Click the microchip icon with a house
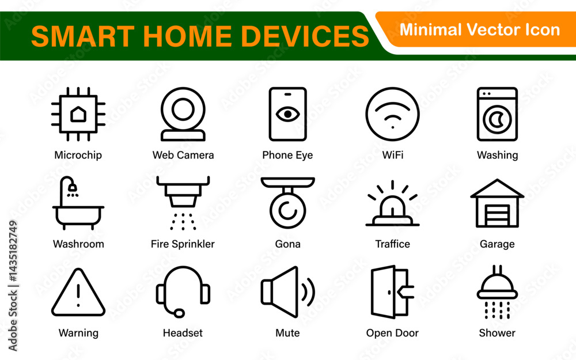(78, 114)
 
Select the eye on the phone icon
(287, 114)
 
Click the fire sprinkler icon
(183, 191)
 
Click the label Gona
(287, 244)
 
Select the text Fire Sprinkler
(183, 244)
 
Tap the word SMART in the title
(83, 36)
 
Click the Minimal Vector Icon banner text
(480, 30)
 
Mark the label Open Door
(392, 333)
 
